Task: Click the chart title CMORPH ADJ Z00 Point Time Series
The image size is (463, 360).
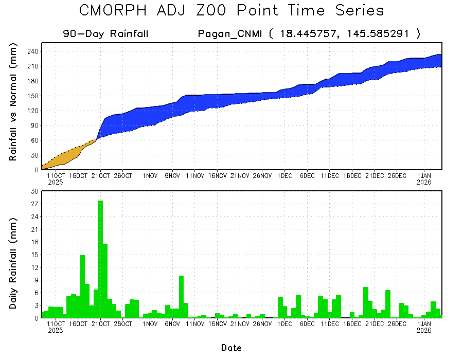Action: [x=232, y=11]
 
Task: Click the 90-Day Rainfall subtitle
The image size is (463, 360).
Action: [x=106, y=34]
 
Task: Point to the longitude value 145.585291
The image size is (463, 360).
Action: [x=378, y=34]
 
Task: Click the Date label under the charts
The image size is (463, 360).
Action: [x=232, y=348]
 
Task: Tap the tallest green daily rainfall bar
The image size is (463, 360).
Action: [x=100, y=257]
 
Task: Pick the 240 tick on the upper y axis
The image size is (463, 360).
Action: [x=33, y=51]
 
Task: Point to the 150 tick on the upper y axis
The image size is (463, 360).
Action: [x=33, y=96]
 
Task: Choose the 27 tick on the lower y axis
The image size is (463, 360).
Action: [x=35, y=204]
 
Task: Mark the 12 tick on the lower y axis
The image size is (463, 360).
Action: [x=35, y=267]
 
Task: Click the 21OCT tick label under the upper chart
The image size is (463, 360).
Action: [x=101, y=175]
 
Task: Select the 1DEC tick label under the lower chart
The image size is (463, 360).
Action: [x=285, y=325]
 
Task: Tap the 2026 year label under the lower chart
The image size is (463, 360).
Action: [x=424, y=331]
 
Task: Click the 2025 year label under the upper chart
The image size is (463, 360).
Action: [x=56, y=182]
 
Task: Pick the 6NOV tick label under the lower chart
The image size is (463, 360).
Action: [x=173, y=325]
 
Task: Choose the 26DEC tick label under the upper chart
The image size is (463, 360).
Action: [x=397, y=175]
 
